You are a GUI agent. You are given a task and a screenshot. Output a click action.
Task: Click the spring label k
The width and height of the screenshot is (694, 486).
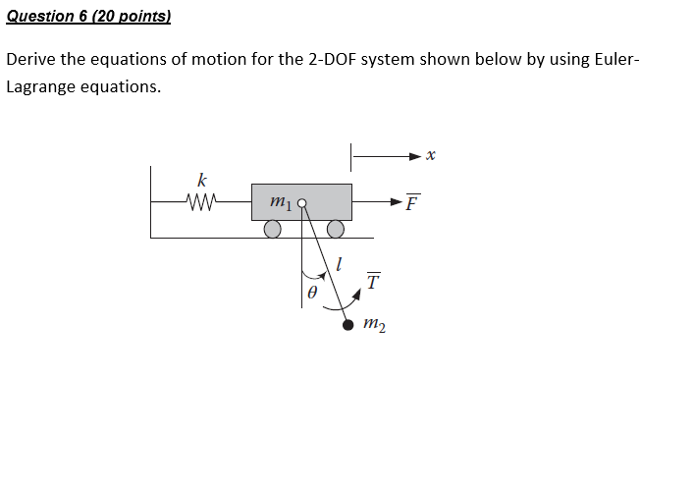pos(202,181)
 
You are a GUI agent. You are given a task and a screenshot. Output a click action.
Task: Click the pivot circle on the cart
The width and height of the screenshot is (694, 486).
pos(302,204)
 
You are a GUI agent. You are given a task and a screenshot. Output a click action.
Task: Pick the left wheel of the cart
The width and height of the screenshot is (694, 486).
pos(273,229)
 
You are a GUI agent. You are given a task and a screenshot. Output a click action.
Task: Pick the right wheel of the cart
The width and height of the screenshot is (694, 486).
pos(336,229)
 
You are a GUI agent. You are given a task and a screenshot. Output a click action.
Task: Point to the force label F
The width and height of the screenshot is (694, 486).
pos(412,203)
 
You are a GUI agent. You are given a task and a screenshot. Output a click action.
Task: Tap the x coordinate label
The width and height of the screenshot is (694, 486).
pos(431,154)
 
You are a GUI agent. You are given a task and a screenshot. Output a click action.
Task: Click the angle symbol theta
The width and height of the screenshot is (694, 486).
pos(312,293)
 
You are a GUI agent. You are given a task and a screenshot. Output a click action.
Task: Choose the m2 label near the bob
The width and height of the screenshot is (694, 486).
pos(374,325)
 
